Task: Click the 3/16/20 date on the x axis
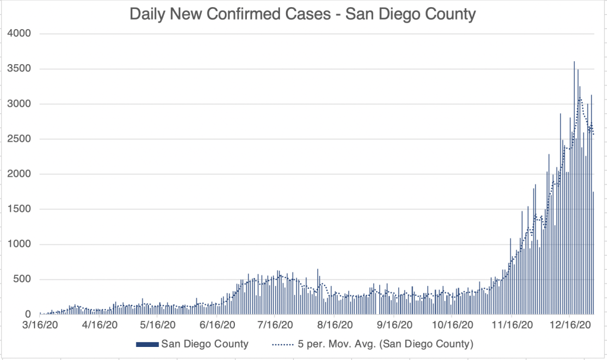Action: coord(40,325)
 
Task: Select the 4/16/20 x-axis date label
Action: coord(98,325)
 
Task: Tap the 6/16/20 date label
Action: coord(216,325)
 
